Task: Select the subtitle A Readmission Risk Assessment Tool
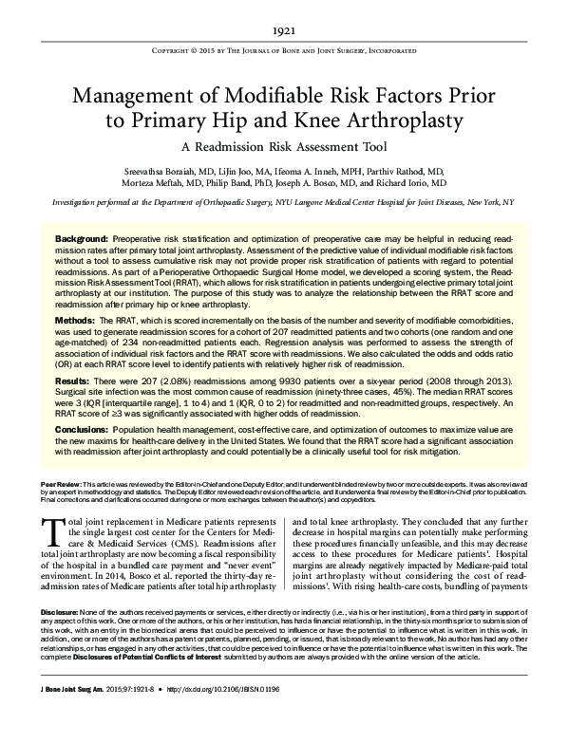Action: click(283, 148)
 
